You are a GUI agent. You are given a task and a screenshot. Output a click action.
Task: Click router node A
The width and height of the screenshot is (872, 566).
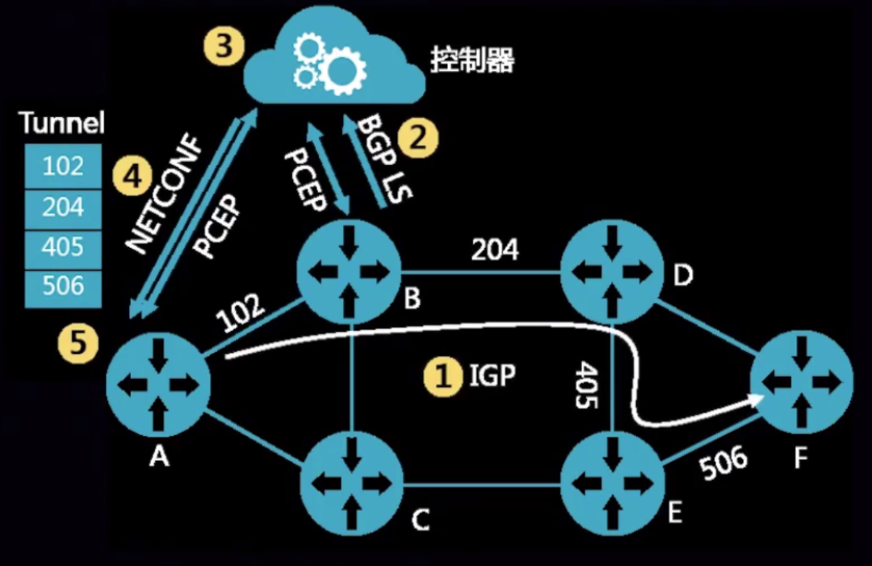158,383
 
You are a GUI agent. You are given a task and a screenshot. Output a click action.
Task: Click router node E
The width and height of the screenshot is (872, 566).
612,483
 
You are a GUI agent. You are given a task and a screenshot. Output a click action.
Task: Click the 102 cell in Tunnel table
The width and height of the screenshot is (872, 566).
63,166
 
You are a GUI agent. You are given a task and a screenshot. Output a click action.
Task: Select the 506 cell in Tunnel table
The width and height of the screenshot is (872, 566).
63,287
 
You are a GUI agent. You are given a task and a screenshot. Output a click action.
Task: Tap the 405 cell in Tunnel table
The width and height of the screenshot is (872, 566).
63,246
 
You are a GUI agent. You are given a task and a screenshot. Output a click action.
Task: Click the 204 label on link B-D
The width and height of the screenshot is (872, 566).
494,249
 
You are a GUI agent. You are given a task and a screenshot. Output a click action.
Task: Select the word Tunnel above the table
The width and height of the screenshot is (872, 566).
62,124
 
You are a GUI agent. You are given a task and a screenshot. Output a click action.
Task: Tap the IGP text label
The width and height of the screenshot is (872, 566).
492,375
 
